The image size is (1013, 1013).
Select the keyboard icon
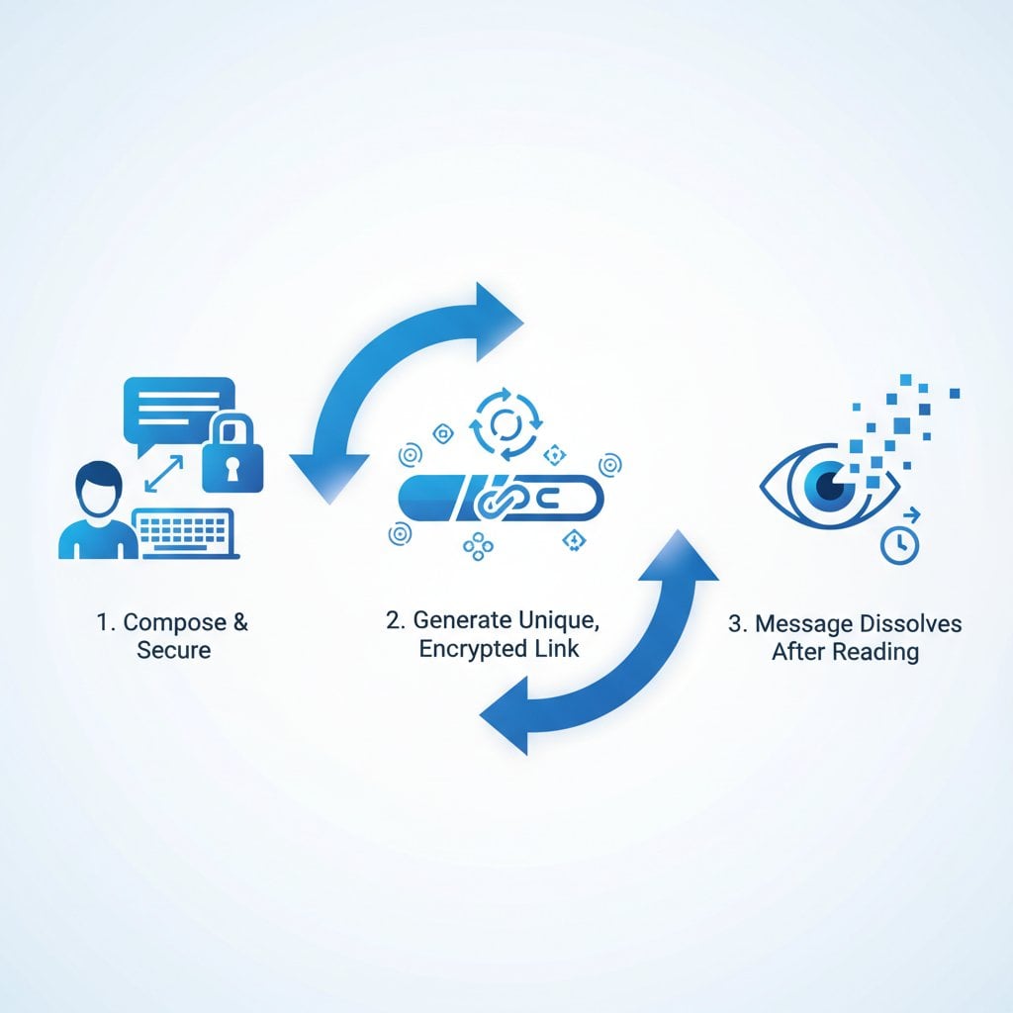pos(185,532)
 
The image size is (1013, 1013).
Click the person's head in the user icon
pos(99,488)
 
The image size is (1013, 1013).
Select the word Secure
pos(174,651)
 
